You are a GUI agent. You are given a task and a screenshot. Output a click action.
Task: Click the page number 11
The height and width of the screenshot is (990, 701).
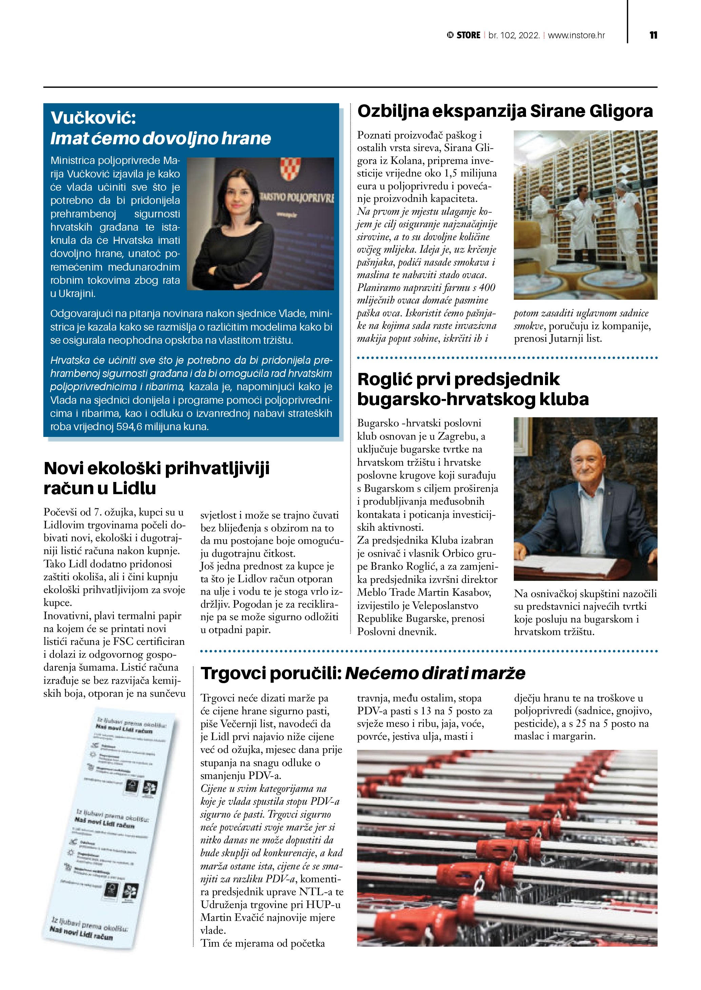pyautogui.click(x=653, y=35)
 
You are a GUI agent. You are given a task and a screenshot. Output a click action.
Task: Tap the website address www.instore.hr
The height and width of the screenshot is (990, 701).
pyautogui.click(x=576, y=35)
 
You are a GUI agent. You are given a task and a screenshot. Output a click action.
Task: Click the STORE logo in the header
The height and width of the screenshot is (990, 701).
pyautogui.click(x=464, y=35)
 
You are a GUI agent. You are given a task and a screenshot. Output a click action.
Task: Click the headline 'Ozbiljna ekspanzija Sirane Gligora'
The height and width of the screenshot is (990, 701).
pyautogui.click(x=505, y=111)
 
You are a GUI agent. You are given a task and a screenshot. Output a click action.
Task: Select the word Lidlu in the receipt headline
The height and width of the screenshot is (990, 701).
pyautogui.click(x=134, y=488)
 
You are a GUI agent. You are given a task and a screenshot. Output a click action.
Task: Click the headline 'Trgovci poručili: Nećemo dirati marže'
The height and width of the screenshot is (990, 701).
pyautogui.click(x=363, y=673)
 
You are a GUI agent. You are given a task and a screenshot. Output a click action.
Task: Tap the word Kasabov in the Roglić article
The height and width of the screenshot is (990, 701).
pyautogui.click(x=471, y=593)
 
